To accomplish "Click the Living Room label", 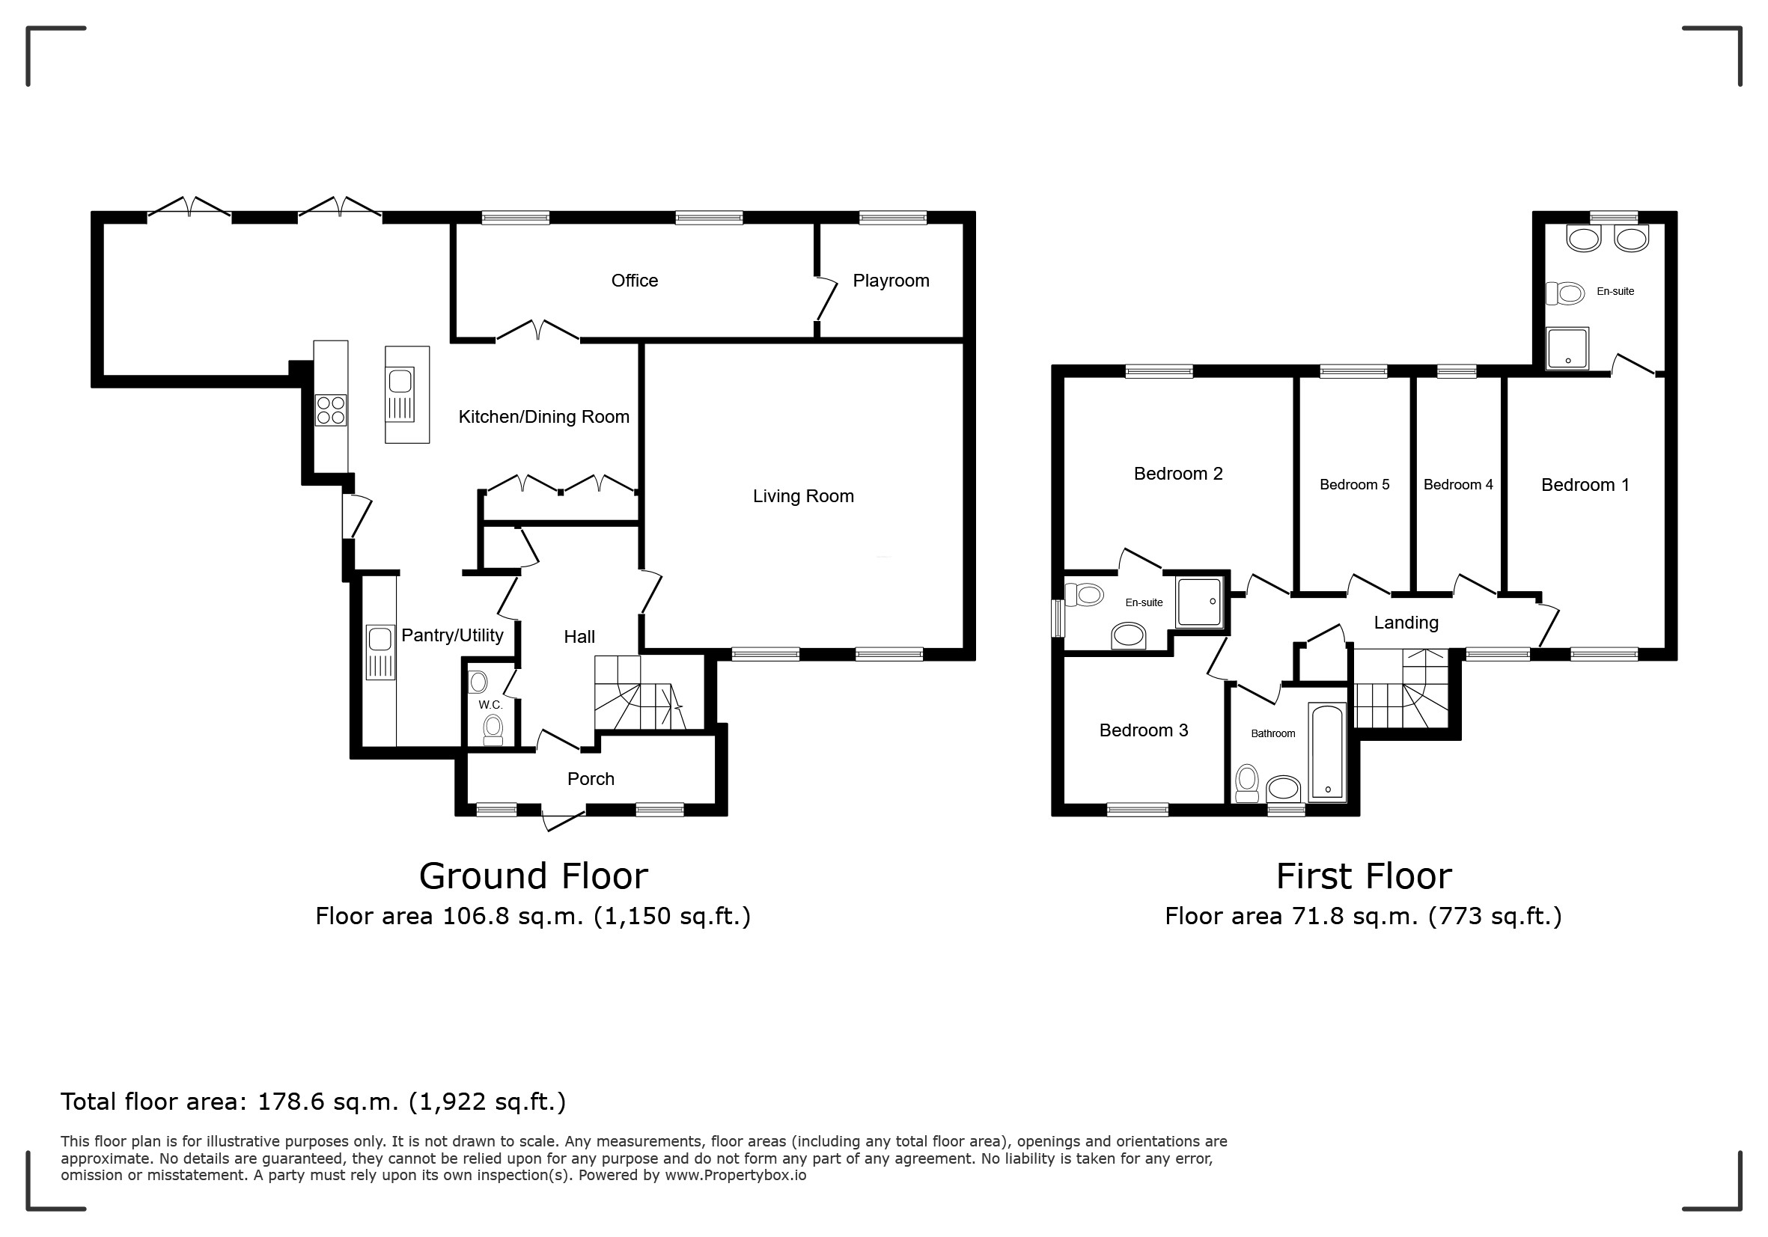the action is coord(803,496).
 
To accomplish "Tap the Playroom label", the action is coord(891,281).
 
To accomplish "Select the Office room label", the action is coord(635,281).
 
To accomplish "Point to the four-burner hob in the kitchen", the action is coord(331,410).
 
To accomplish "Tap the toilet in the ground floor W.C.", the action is coord(493,729).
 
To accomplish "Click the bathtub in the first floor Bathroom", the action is coord(1328,752).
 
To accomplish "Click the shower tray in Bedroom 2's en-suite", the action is coord(1199,602).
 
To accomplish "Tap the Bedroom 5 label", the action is coord(1355,485).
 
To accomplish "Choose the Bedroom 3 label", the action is coord(1144,730).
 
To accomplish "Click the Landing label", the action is coord(1406,623).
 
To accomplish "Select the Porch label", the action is coord(591,779).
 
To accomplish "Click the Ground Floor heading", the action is coord(534,876).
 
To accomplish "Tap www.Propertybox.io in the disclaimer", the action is coord(735,1176).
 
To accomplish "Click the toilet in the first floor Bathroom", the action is coord(1247,783).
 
